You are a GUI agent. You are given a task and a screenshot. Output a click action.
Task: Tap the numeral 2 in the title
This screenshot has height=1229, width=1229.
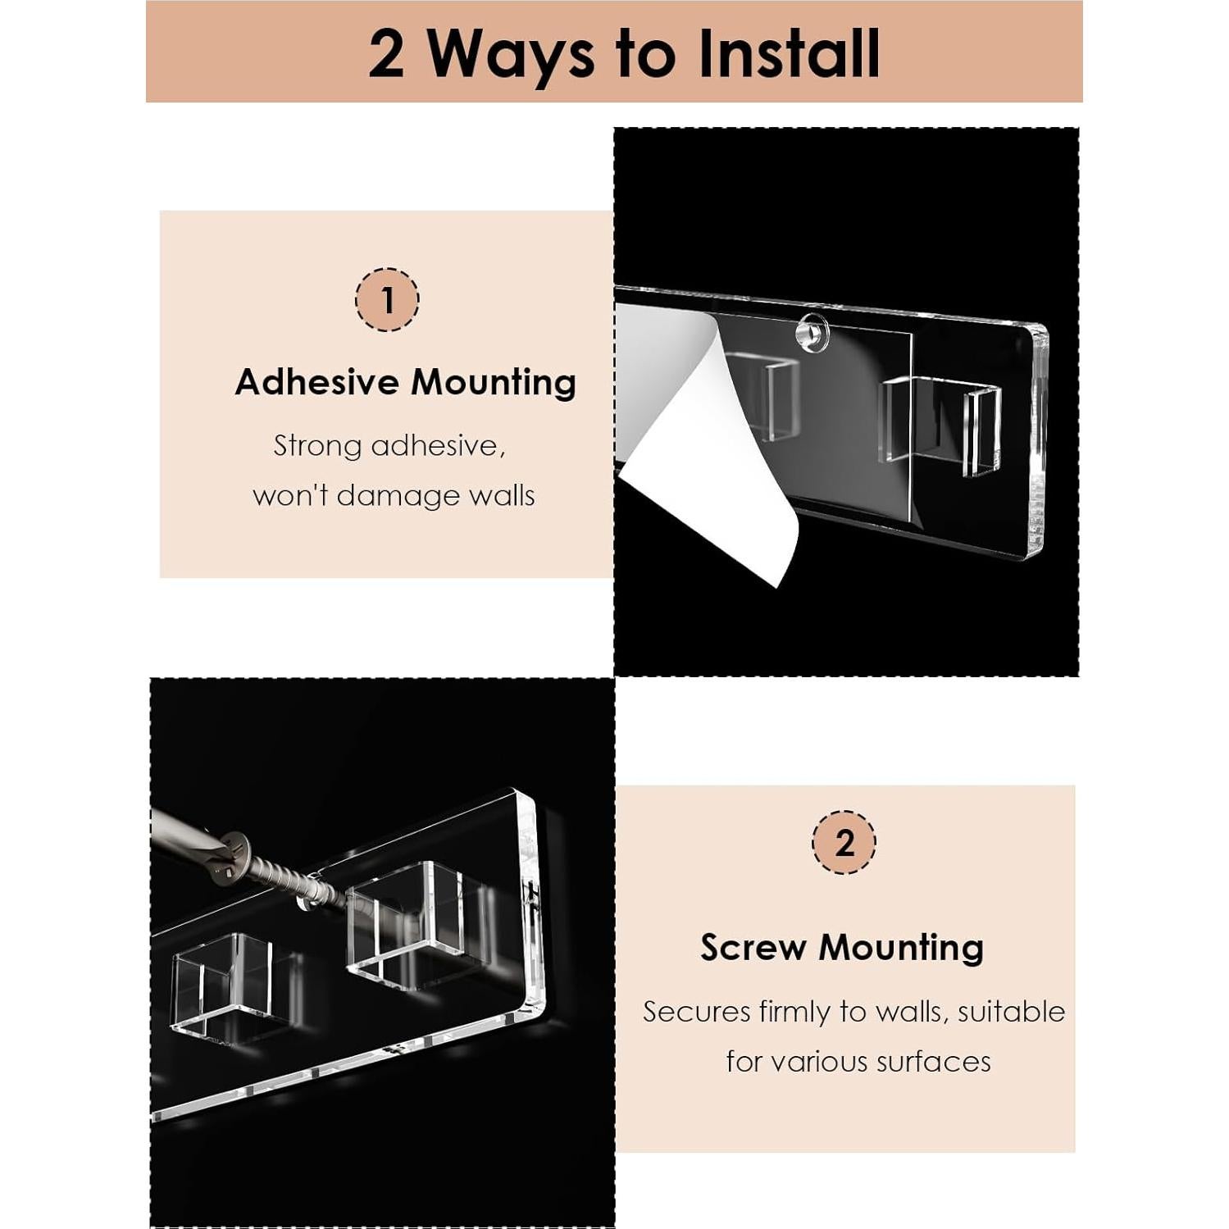[x=386, y=54]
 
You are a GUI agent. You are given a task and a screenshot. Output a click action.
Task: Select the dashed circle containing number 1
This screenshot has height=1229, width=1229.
[x=387, y=299]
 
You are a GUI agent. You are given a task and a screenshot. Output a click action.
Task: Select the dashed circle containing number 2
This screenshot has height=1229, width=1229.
[x=844, y=842]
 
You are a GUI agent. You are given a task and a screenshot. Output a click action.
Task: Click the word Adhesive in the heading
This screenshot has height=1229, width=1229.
[x=317, y=382]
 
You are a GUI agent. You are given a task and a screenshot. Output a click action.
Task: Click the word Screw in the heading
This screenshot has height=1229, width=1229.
[x=753, y=948]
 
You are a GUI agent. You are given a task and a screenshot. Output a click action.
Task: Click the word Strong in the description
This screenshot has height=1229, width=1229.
[x=317, y=447]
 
